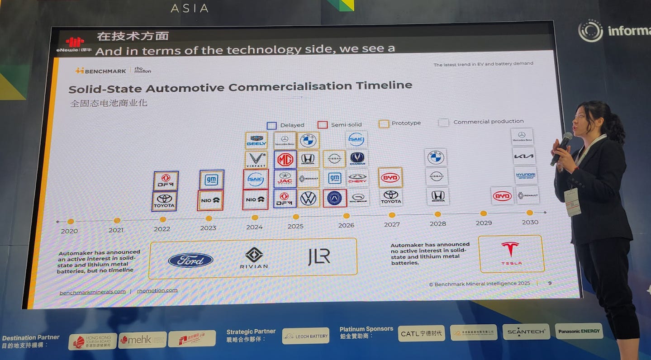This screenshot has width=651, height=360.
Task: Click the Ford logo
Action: point(190,260)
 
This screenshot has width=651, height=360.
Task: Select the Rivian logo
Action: point(254,258)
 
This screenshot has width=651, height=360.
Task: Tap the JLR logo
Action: point(319,257)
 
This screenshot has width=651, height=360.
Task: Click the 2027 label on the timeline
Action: point(392,224)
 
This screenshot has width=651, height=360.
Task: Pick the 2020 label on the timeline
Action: point(69,231)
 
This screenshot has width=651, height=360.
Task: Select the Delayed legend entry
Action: point(286,125)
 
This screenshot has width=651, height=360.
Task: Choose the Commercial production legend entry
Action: point(482,122)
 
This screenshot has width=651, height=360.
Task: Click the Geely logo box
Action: point(256,141)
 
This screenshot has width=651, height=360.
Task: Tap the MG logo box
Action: point(285,160)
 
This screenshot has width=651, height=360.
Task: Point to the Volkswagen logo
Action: point(308,198)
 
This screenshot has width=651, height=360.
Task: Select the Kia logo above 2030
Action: point(524,156)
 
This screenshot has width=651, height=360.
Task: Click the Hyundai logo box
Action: point(525,175)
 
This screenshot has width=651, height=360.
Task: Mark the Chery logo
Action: point(357,178)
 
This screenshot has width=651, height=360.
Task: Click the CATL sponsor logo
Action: point(421,333)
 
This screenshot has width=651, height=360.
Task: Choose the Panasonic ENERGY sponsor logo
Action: point(579,331)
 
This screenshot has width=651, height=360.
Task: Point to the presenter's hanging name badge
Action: point(573,202)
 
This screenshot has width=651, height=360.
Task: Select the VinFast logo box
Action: point(256,160)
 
